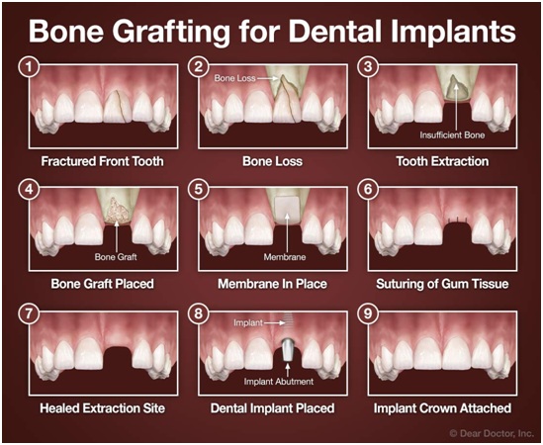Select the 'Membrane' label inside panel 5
[286, 257]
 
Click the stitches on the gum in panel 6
[454, 220]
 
